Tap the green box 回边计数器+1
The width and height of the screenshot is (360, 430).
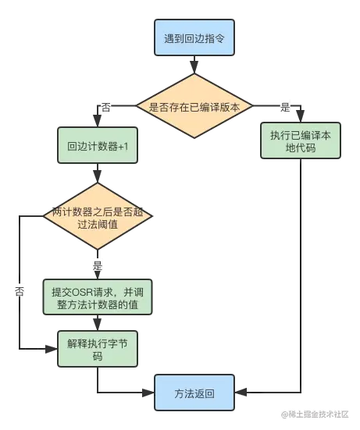click(98, 146)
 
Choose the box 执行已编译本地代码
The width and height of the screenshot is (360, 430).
click(301, 142)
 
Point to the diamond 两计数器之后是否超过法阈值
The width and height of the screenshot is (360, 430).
click(98, 219)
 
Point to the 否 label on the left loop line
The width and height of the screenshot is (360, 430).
click(19, 290)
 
